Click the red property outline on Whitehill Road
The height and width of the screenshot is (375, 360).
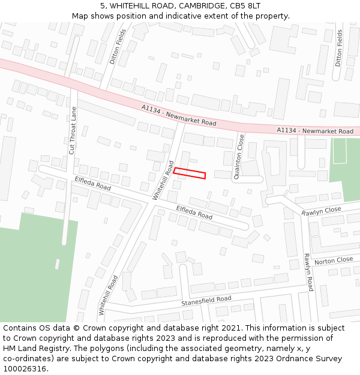pyautogui.click(x=190, y=173)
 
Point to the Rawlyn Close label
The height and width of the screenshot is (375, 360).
pyautogui.click(x=321, y=211)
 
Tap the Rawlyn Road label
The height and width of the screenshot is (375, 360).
pyautogui.click(x=308, y=272)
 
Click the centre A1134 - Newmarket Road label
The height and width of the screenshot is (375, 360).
pyautogui.click(x=179, y=115)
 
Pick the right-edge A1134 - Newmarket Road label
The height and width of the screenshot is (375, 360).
pyautogui.click(x=315, y=131)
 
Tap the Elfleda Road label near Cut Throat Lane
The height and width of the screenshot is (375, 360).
pyautogui.click(x=92, y=183)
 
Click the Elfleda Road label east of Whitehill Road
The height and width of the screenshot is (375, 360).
pyautogui.click(x=194, y=212)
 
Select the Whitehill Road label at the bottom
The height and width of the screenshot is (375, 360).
pyautogui.click(x=108, y=296)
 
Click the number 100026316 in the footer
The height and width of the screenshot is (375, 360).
pyautogui.click(x=23, y=368)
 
